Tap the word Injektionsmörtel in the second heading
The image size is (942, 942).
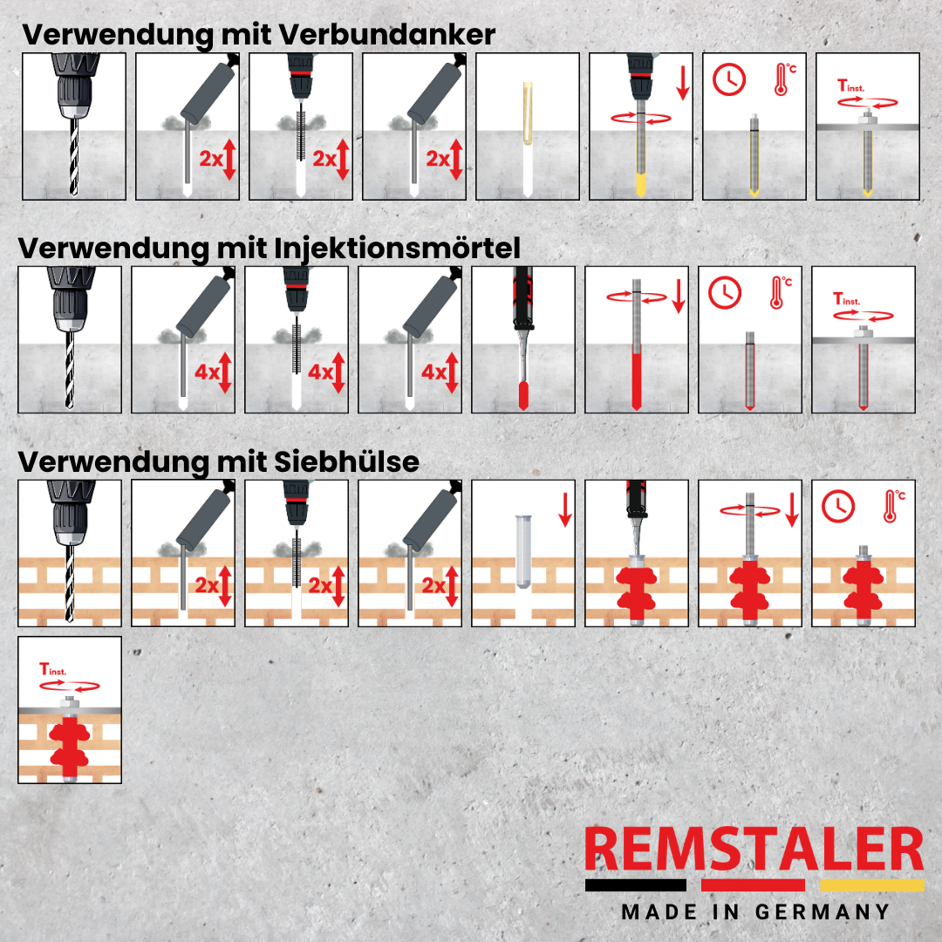[x=397, y=248]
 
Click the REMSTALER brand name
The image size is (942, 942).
[x=754, y=851]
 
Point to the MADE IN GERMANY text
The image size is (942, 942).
[x=755, y=912]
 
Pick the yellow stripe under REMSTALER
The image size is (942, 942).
[x=871, y=884]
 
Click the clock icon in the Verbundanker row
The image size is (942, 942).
[x=728, y=80]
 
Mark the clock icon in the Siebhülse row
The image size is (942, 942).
[x=839, y=505]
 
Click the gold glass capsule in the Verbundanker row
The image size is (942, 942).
[x=527, y=114]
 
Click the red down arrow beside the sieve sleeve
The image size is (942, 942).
[x=565, y=509]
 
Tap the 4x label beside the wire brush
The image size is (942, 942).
[x=321, y=373]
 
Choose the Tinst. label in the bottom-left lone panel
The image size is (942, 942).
[x=56, y=670]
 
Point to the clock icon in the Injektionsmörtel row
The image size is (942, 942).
[x=723, y=294]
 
